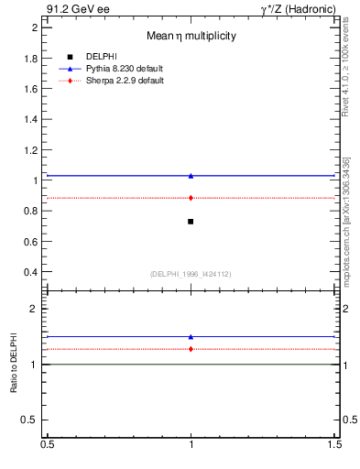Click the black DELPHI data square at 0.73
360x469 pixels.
(191, 221)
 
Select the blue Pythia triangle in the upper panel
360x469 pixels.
(191, 175)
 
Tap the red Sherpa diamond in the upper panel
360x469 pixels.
(191, 198)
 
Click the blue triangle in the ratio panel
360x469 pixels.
(191, 337)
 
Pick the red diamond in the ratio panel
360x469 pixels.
(191, 349)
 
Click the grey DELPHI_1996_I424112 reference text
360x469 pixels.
(191, 274)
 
